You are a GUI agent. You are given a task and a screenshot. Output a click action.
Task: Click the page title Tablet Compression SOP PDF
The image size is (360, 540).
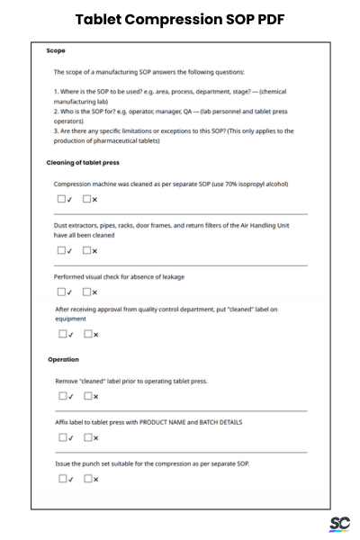click(180, 19)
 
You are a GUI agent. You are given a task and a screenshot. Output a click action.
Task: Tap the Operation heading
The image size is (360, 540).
click(63, 360)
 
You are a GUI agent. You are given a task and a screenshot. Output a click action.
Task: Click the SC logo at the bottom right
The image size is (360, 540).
click(339, 525)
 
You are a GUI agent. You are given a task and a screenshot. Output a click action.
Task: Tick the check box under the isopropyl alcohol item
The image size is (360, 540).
click(61, 199)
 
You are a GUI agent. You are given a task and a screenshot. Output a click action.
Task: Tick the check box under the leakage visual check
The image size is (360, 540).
click(61, 291)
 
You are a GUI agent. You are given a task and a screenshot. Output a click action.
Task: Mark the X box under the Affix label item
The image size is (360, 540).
click(88, 437)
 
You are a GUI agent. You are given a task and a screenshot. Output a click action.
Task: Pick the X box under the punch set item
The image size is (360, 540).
click(88, 478)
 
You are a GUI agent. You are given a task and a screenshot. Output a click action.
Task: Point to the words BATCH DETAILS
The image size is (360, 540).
click(218, 422)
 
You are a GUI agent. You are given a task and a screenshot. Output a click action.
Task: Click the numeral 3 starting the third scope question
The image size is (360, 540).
click(55, 130)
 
